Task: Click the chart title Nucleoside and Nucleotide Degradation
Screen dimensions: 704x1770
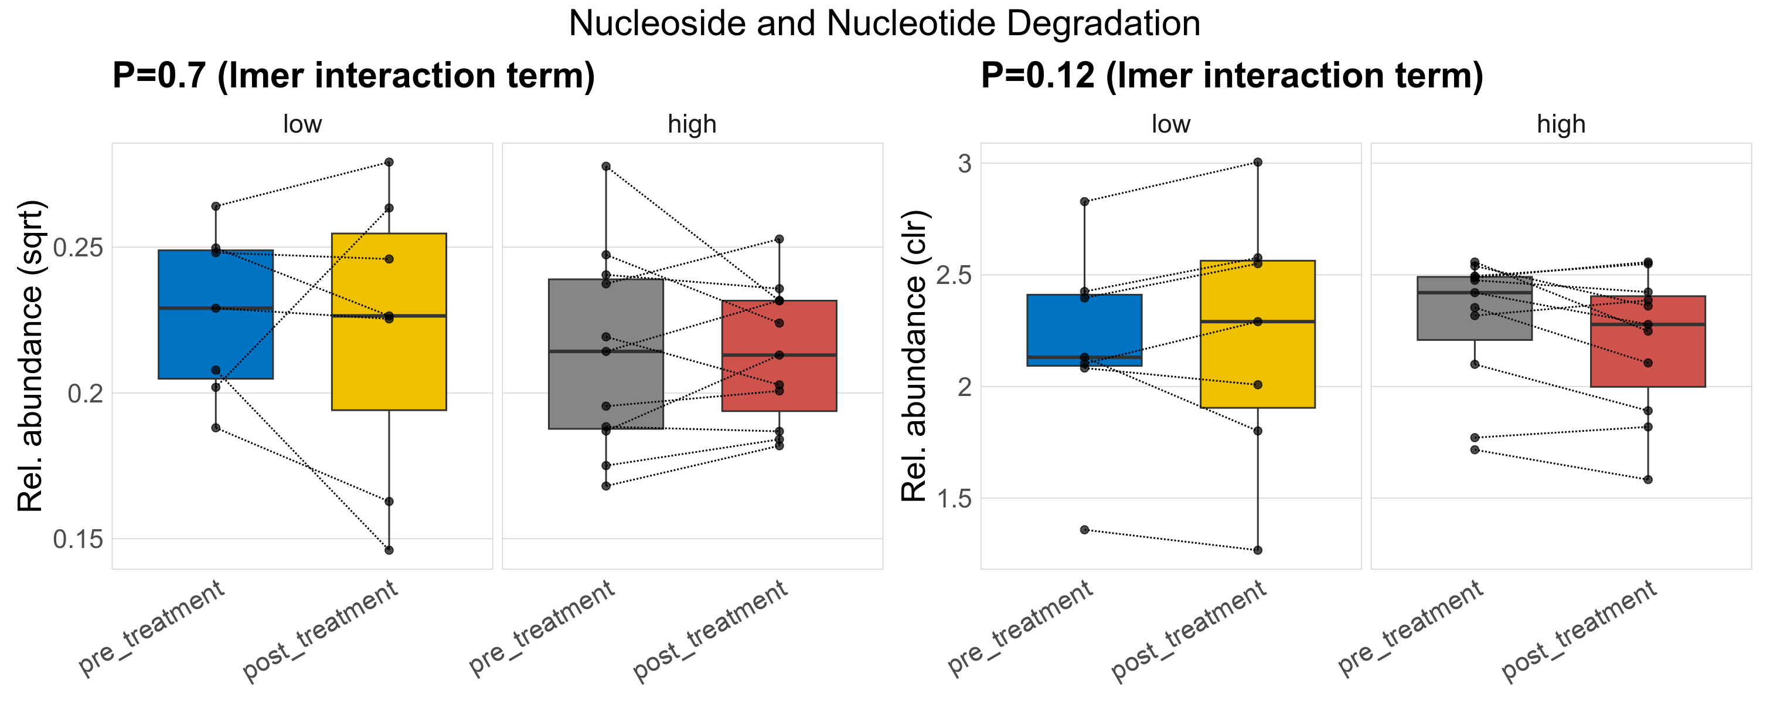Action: [884, 23]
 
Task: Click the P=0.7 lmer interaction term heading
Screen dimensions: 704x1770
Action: [353, 75]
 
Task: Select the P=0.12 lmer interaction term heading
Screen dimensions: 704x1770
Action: [1231, 75]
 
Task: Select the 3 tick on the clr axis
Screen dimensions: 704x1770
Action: [965, 164]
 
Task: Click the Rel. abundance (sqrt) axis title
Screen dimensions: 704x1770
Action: [30, 356]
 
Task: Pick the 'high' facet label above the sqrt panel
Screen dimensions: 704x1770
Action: [692, 124]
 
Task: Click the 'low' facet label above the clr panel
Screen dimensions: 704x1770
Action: [1171, 124]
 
